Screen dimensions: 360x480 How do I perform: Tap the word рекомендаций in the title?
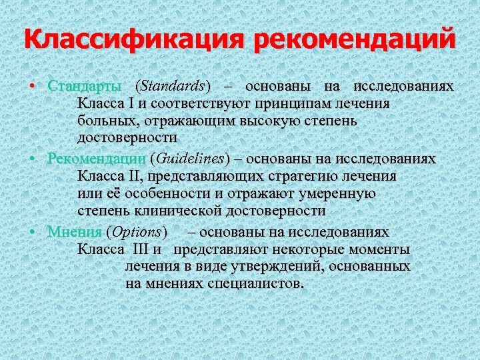pyautogui.click(x=353, y=39)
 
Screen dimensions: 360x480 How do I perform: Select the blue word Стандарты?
pyautogui.click(x=85, y=87)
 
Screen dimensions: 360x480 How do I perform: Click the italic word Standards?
pyautogui.click(x=172, y=87)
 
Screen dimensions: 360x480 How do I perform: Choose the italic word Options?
pyautogui.click(x=137, y=232)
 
